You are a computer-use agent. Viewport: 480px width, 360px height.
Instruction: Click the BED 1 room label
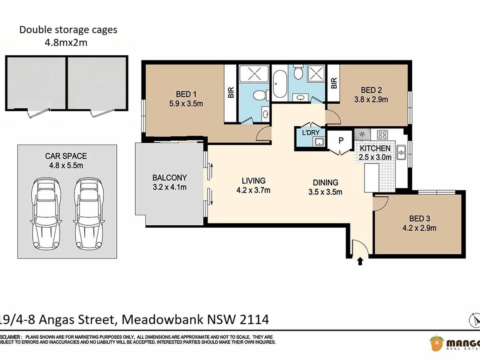(186, 94)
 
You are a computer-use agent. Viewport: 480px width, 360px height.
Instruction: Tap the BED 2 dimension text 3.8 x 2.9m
(371, 100)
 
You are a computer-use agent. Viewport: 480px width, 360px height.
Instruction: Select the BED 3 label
(420, 218)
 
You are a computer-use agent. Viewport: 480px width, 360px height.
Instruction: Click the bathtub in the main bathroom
(280, 84)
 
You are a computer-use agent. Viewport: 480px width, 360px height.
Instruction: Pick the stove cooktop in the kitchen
(382, 135)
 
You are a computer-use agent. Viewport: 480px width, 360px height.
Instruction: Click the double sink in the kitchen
(402, 152)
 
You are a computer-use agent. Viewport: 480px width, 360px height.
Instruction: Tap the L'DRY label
(311, 132)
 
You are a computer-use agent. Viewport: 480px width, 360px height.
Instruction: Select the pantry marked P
(341, 140)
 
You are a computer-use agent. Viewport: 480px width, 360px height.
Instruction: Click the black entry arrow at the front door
(360, 262)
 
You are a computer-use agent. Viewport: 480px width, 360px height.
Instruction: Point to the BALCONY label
(170, 178)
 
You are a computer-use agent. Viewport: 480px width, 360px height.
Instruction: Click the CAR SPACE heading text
(66, 156)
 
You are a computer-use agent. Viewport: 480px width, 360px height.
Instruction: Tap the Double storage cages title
(68, 30)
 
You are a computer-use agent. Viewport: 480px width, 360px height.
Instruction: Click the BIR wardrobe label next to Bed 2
(334, 83)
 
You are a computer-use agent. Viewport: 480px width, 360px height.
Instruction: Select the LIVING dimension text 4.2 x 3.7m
(253, 190)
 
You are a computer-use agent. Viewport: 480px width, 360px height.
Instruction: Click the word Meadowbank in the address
(163, 319)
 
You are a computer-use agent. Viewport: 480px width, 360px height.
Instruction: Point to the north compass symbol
(475, 320)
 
